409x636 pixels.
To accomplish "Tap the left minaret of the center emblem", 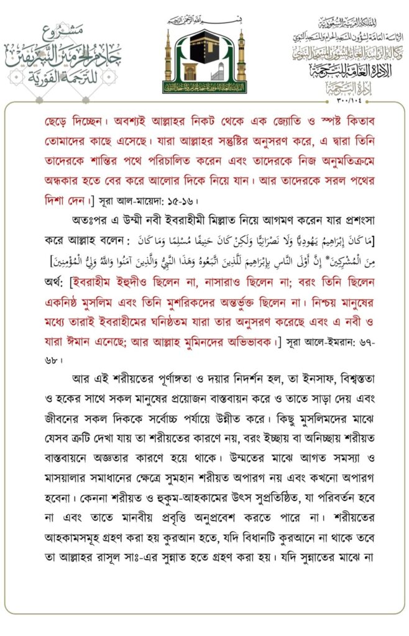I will pyautogui.click(x=168, y=60).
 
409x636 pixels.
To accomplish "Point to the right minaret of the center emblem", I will pyautogui.click(x=241, y=60).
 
